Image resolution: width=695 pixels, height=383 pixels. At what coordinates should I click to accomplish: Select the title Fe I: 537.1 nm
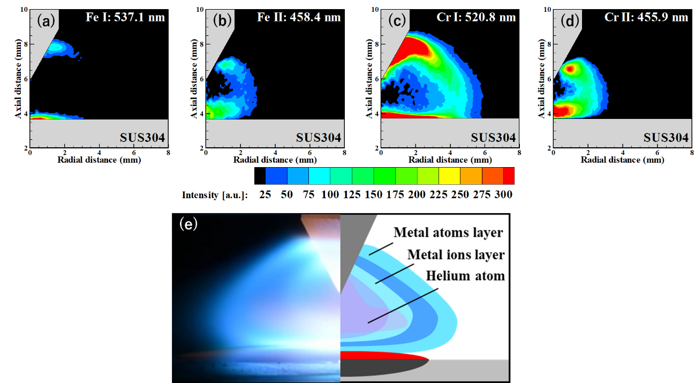(x=125, y=17)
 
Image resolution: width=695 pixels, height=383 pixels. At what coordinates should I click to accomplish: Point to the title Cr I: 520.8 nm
(x=476, y=17)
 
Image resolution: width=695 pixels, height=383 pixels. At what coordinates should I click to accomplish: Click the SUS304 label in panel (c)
(x=493, y=138)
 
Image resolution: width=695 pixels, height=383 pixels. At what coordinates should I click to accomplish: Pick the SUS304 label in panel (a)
(x=142, y=138)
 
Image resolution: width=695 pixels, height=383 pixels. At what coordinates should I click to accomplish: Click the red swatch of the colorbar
(x=509, y=176)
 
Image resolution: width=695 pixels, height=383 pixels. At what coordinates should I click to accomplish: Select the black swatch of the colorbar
(x=260, y=176)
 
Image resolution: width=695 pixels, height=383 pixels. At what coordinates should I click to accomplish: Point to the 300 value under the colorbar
(x=503, y=195)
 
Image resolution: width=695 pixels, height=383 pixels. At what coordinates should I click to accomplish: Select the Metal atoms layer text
(x=448, y=232)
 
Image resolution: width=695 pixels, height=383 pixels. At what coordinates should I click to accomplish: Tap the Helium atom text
(x=465, y=276)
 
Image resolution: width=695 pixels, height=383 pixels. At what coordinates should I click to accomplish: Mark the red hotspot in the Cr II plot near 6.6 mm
(x=571, y=69)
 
